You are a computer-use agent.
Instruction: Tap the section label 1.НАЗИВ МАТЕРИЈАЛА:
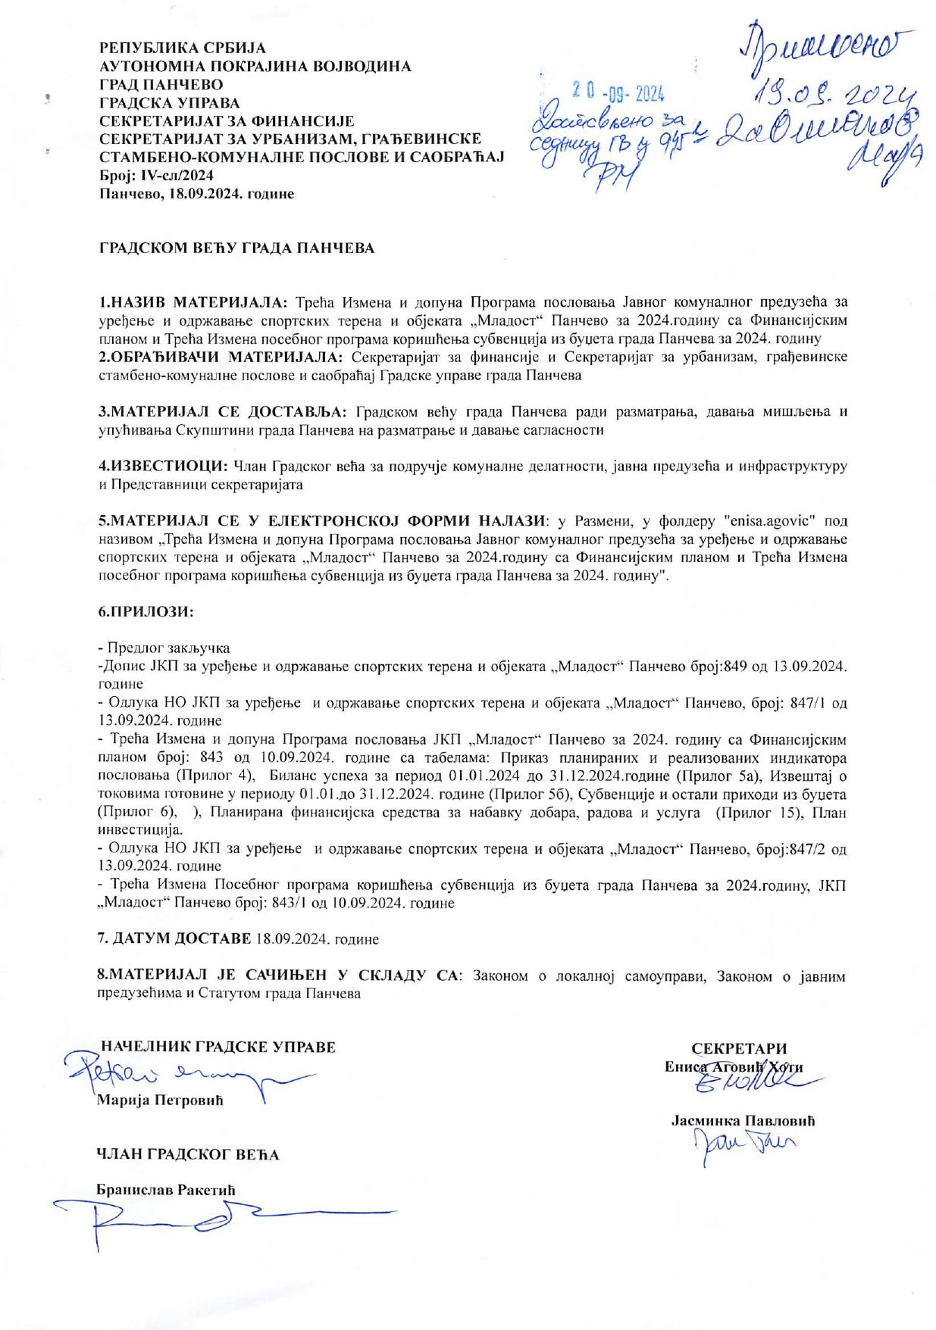[x=193, y=301]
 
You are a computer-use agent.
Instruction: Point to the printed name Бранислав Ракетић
[x=165, y=1190]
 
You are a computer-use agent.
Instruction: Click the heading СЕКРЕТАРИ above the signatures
[x=739, y=1049]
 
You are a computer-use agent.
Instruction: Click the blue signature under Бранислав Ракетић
[x=220, y=1219]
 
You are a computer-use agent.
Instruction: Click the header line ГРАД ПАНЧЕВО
[x=161, y=84]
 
